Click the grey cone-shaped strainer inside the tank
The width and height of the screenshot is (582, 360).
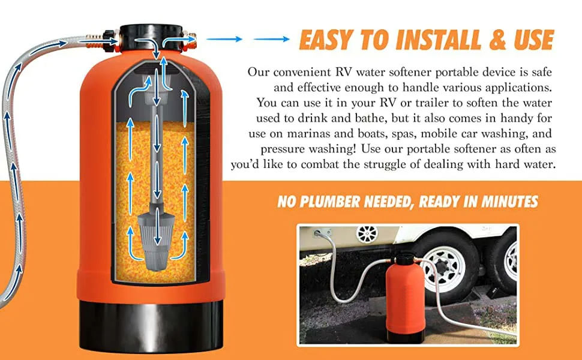coord(156,241)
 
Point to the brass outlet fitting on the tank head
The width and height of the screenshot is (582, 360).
coord(189,41)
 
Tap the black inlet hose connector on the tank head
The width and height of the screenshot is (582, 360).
coord(110,41)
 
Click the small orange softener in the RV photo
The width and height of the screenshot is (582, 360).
coord(405,297)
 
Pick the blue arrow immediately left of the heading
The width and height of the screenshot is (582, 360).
coord(271,39)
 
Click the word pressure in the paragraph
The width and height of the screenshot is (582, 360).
coord(283,149)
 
